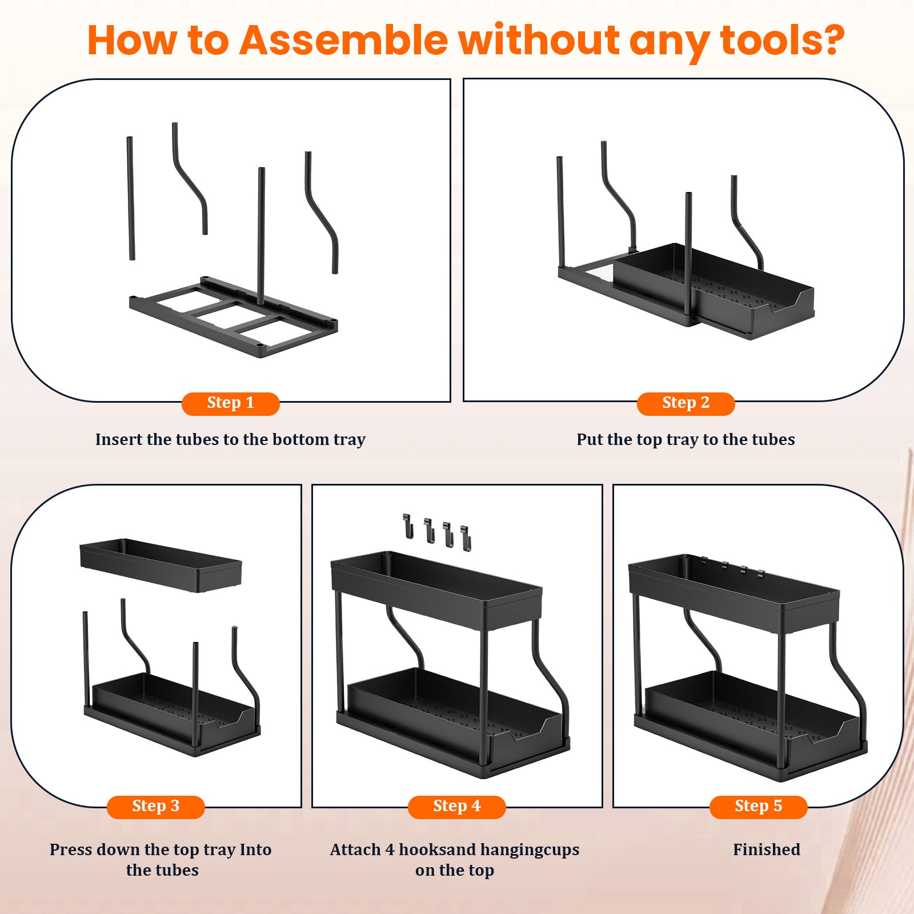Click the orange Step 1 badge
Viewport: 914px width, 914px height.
pos(230,403)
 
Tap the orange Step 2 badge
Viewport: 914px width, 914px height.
pos(685,403)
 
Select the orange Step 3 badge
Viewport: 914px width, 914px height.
pos(155,807)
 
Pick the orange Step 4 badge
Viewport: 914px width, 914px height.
pos(456,807)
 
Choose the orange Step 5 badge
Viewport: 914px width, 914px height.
pos(758,807)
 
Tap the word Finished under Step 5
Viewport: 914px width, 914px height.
pos(767,849)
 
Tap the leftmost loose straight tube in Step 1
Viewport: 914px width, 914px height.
pos(131,198)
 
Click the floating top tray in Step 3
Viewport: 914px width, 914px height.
pos(161,564)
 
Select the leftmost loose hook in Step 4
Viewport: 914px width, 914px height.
pos(407,526)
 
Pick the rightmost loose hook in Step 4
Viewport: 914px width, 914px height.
pos(466,538)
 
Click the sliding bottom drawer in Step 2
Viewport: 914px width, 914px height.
pos(714,291)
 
